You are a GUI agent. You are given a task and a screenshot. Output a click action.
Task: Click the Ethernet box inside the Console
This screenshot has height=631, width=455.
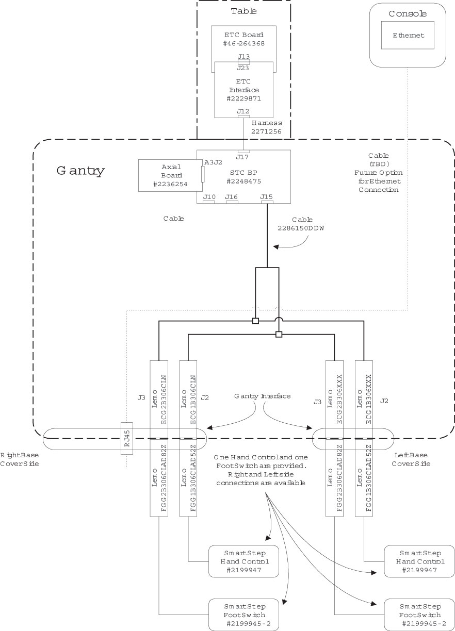tap(408, 36)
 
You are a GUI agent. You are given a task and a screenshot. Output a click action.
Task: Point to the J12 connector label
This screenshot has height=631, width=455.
tap(243, 111)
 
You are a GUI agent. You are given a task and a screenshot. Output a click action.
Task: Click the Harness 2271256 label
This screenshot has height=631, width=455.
tap(266, 127)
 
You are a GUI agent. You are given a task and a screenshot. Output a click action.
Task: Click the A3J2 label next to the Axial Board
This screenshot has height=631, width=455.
tap(213, 162)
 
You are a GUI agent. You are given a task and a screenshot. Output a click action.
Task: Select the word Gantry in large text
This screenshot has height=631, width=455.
tap(80, 171)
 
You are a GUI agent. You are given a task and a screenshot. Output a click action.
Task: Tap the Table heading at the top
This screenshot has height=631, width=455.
tap(244, 11)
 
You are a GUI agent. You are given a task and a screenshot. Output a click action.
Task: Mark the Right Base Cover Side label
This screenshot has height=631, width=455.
tap(20, 459)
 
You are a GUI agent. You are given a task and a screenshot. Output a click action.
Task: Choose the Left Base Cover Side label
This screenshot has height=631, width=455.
tap(412, 459)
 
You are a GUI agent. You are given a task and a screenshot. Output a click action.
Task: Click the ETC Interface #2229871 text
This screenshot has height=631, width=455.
tap(244, 90)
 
